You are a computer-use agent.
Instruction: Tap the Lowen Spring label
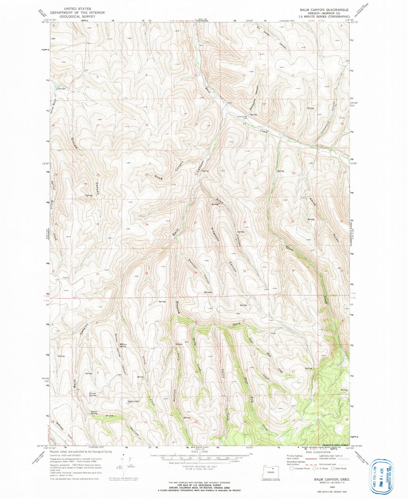[x=94, y=413]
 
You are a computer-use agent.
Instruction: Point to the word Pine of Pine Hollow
[x=109, y=416]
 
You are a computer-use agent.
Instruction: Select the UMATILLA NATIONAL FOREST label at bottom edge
[x=334, y=446]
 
